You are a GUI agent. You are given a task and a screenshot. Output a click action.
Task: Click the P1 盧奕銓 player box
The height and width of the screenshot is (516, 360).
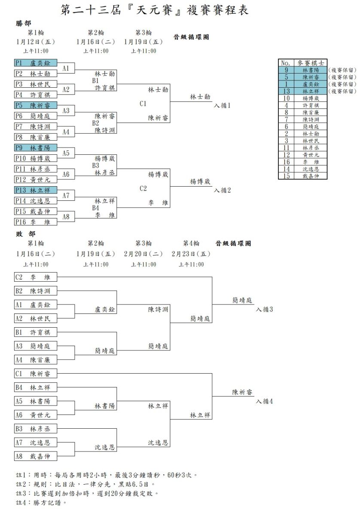(x=36, y=63)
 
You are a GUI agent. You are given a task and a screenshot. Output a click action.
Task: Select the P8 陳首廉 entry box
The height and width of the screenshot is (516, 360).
(x=36, y=137)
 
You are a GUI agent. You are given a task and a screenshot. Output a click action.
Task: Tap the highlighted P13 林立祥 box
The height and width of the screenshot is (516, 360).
(x=36, y=190)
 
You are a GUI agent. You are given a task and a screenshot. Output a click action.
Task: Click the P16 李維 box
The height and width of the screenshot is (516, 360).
(x=36, y=222)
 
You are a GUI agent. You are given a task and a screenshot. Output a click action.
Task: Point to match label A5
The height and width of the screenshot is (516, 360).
(x=66, y=153)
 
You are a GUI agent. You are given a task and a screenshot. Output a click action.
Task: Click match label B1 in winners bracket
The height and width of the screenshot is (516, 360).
(x=95, y=81)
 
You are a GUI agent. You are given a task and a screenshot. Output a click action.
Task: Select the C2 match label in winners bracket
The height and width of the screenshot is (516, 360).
(x=143, y=188)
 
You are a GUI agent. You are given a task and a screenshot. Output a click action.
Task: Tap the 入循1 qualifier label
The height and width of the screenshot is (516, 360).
(x=222, y=105)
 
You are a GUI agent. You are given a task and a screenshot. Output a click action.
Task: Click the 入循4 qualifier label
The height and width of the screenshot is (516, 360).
(x=264, y=401)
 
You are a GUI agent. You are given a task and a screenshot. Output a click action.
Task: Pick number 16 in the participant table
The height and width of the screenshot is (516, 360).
(x=287, y=162)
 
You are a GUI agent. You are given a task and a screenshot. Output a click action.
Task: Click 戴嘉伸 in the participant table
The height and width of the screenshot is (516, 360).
(x=311, y=176)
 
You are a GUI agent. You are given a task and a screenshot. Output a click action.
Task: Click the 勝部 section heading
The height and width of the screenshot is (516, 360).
(x=24, y=23)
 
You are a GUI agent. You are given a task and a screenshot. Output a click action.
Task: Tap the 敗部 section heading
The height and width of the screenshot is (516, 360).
(x=25, y=234)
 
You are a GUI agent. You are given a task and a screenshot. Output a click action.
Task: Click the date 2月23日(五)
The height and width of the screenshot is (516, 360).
(x=191, y=254)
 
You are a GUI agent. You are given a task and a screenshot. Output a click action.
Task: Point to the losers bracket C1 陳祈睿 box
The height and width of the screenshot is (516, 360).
(x=36, y=373)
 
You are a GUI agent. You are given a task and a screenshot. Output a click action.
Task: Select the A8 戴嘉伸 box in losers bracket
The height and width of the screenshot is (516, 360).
(x=36, y=456)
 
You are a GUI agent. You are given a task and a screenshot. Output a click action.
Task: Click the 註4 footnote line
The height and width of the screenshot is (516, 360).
(x=41, y=502)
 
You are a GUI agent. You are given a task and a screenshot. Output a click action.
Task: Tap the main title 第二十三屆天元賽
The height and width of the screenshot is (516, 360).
(x=155, y=10)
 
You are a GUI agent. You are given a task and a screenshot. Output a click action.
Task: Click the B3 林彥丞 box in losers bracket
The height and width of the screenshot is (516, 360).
(x=36, y=428)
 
